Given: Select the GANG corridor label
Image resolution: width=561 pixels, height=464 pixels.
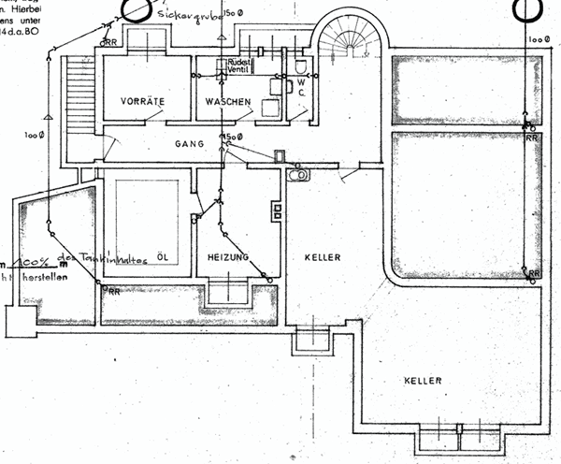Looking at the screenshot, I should [x=190, y=145].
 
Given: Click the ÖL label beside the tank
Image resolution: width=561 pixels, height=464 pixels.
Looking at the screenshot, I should [x=163, y=256].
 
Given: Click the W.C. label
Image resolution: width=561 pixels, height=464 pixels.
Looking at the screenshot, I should [x=302, y=87].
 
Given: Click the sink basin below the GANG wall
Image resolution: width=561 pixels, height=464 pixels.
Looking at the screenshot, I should [x=298, y=174].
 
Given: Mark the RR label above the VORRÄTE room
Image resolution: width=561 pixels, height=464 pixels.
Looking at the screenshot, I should [x=111, y=42].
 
